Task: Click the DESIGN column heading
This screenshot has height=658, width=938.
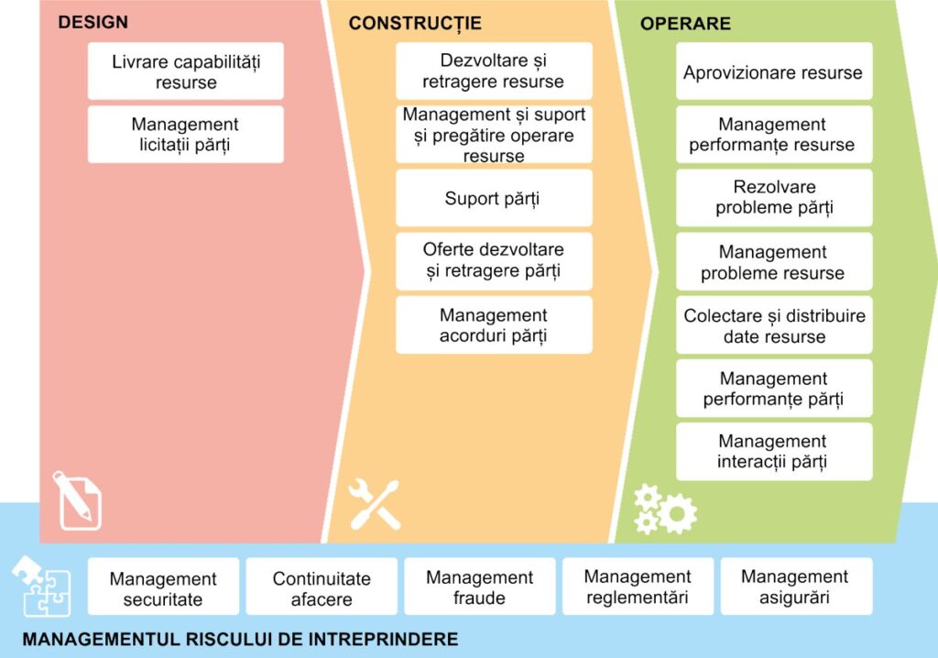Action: [x=93, y=22]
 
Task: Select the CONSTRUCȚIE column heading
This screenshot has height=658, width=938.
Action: [x=415, y=23]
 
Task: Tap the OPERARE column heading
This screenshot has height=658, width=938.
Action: [x=685, y=23]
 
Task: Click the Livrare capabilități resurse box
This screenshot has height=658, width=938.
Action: [x=185, y=71]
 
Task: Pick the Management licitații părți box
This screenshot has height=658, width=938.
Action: [x=185, y=134]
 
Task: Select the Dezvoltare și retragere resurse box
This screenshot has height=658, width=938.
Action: [x=494, y=71]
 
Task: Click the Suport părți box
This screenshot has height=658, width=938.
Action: [x=494, y=198]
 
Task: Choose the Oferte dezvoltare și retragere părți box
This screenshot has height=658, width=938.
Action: [x=494, y=261]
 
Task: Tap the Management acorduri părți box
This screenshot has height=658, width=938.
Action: [x=494, y=324]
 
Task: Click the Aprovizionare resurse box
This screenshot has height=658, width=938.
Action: [x=774, y=71]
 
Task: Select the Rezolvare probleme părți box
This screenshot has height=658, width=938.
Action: [x=774, y=198]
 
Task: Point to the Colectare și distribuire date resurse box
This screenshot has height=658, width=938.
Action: [x=774, y=325]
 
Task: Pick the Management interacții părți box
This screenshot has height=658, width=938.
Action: [x=774, y=452]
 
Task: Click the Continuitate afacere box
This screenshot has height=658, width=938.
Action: [x=322, y=587]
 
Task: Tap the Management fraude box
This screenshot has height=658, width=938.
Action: [x=480, y=587]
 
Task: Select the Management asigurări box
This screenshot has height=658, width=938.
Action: [x=796, y=587]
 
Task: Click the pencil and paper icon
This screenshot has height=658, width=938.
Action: [x=77, y=500]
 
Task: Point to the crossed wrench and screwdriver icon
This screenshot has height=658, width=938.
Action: [x=375, y=504]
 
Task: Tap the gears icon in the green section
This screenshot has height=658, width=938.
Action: [x=665, y=510]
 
